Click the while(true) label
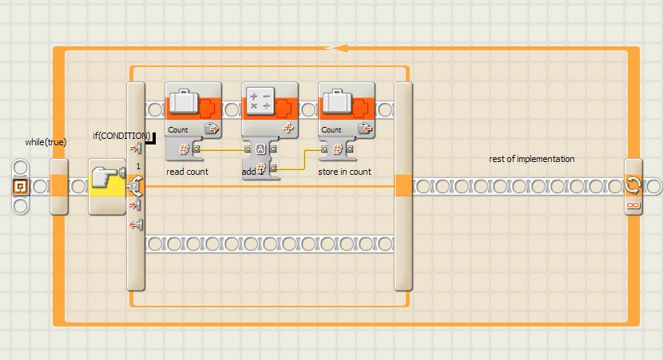tap(46, 142)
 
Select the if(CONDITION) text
tap(121, 135)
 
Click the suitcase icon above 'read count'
tap(185, 102)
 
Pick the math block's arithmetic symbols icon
tap(260, 101)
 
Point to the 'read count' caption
tap(187, 172)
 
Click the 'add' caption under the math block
tap(250, 172)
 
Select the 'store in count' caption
tap(344, 172)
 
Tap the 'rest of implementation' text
tap(531, 159)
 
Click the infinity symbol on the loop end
tap(633, 206)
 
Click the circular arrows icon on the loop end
tap(633, 185)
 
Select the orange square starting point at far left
tap(21, 187)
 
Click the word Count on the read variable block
tap(178, 129)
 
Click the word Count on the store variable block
tap(331, 129)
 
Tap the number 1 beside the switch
tap(138, 165)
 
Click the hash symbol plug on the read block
tap(184, 148)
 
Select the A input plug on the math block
tap(260, 148)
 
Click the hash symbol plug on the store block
tap(337, 148)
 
